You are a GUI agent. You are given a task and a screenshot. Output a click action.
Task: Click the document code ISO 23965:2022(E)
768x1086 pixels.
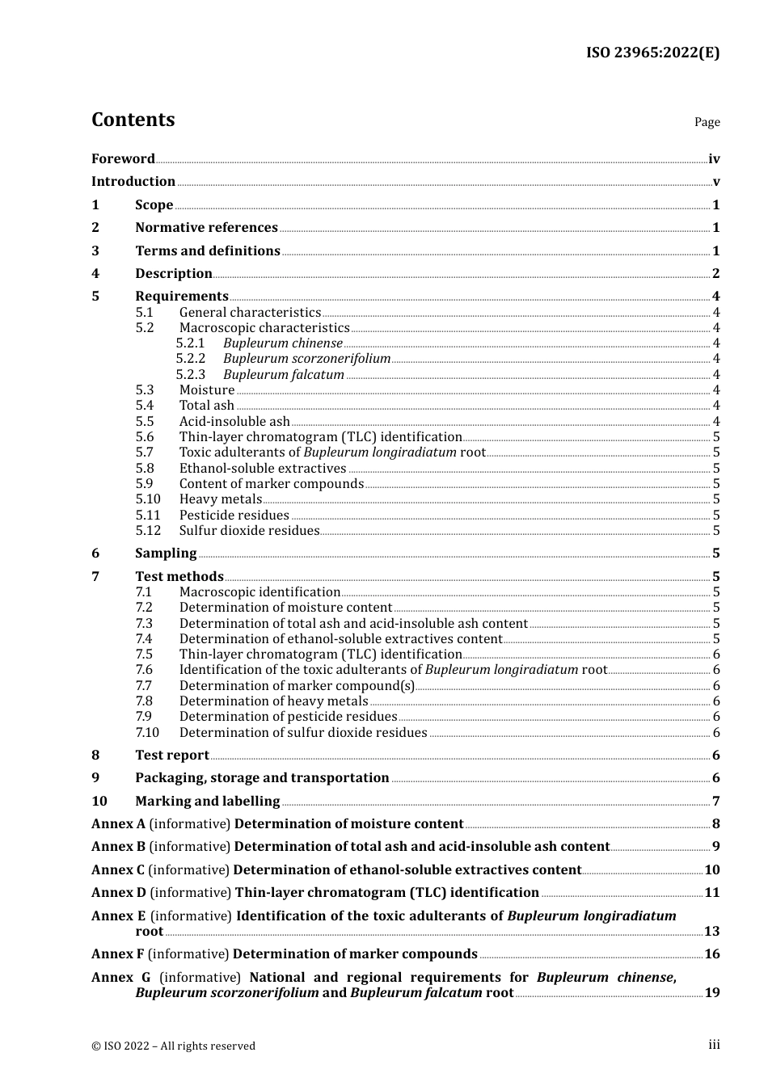coord(652,53)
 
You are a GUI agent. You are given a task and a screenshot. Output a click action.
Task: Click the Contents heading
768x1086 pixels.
coord(133,120)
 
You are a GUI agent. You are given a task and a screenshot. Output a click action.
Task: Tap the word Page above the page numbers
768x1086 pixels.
coord(707,122)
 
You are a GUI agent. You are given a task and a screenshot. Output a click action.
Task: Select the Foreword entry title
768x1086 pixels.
coord(123,159)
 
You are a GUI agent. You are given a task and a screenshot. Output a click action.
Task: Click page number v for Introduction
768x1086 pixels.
coord(716,182)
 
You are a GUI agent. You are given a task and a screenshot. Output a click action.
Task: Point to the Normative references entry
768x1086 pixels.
coord(206,228)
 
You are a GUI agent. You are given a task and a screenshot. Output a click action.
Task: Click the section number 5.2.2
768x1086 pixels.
coord(191,359)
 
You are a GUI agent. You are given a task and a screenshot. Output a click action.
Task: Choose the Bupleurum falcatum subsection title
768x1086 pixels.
coord(284,375)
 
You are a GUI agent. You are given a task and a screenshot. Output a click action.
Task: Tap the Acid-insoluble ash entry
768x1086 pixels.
coord(234,422)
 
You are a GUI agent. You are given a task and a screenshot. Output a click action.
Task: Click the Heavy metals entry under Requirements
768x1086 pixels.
coord(221,499)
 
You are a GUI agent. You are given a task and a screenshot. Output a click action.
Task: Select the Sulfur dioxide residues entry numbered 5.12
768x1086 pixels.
coord(249,531)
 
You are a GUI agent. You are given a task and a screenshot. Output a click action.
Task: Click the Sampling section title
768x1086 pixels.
coord(166,554)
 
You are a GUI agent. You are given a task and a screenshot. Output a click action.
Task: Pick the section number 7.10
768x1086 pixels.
coord(147,733)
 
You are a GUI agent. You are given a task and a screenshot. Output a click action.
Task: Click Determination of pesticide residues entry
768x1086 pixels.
coord(288,717)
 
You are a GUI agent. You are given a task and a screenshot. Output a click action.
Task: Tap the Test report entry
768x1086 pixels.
coord(172,756)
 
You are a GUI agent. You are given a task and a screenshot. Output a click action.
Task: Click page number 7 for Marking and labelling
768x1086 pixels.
coord(716,802)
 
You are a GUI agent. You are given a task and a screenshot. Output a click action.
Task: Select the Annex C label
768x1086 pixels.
coord(118,870)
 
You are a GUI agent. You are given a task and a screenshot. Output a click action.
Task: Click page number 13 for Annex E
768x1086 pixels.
coord(712,932)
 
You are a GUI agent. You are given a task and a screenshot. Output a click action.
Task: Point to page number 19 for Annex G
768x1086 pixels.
coord(712,993)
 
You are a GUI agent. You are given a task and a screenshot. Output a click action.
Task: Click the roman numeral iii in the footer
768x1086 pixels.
coord(714,1045)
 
